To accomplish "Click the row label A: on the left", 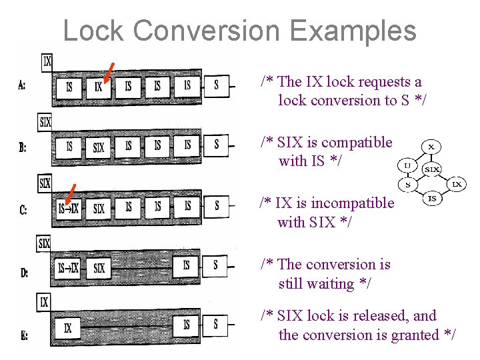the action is tap(23, 85).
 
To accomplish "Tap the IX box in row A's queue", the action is tap(99, 86).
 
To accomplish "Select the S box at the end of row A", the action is tap(216, 85).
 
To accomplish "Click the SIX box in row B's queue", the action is tap(99, 147).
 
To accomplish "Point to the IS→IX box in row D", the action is tap(68, 268).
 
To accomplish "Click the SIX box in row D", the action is tap(99, 268).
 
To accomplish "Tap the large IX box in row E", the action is tap(68, 327).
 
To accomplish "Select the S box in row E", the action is tap(216, 325).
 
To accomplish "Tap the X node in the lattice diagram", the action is tap(431, 146).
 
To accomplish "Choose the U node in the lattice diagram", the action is tap(405, 164).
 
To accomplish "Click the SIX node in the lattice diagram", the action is tap(432, 169).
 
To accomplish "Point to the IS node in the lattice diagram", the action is tap(432, 198).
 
